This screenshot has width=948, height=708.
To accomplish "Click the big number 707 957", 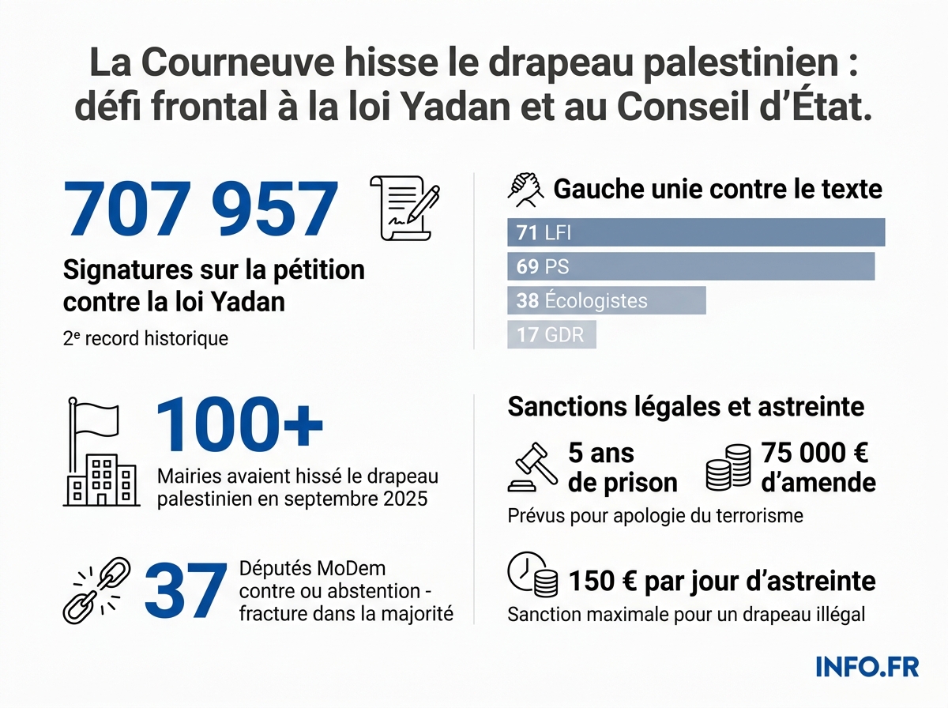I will tap(201, 209).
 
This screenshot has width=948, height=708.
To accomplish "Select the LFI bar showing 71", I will tap(695, 232).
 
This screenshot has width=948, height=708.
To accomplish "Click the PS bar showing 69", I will tap(690, 266).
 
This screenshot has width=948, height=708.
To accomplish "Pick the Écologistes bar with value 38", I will tap(606, 300).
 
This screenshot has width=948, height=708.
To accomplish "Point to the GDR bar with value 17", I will tap(551, 334).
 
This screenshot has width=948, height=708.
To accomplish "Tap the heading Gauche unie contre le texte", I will tap(717, 190).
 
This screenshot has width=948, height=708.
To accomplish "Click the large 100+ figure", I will tap(239, 426).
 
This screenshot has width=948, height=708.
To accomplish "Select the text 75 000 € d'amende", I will tap(818, 468).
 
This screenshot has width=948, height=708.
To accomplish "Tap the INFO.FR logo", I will tap(867, 666).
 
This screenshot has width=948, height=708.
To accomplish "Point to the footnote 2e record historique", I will tap(145, 339).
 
